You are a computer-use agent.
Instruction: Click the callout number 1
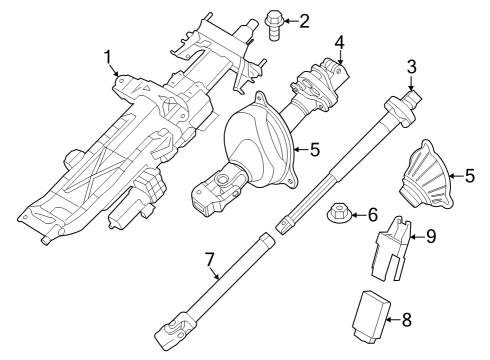click(108, 59)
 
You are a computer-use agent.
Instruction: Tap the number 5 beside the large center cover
click(313, 151)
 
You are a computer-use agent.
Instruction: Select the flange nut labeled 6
click(339, 214)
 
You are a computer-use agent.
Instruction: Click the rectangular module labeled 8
click(370, 318)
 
